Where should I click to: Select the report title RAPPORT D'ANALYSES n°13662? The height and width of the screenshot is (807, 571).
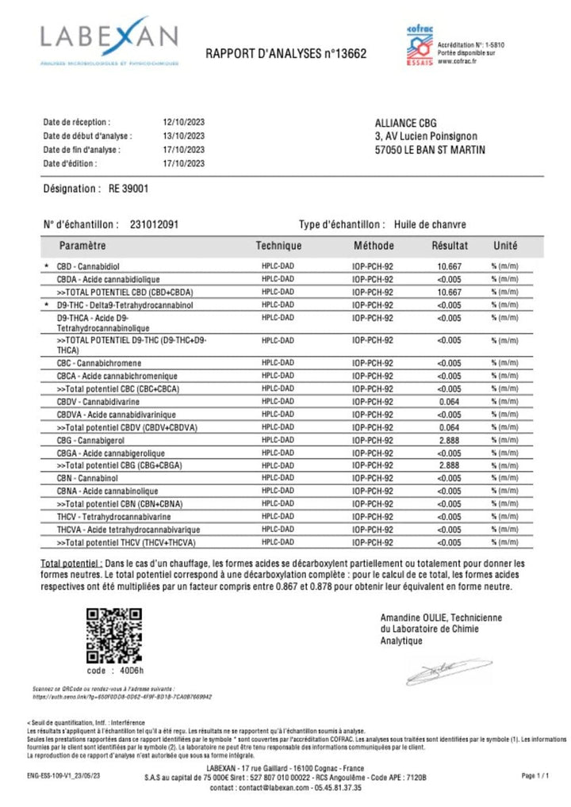285,54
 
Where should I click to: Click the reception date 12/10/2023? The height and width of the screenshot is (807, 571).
183,123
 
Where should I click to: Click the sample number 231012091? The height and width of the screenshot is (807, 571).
154,224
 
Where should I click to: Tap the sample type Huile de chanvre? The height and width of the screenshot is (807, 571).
433,224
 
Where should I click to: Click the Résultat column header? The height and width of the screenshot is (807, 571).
450,246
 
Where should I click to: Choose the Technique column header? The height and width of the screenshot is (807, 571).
278,246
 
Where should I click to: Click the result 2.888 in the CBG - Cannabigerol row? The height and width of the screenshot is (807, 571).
449,440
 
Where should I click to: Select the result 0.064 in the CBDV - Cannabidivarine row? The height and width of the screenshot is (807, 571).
449,402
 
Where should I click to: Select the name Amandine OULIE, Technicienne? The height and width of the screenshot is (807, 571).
441,618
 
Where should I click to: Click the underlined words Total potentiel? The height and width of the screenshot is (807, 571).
71,562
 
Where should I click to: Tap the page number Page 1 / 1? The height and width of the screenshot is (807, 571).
534,775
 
